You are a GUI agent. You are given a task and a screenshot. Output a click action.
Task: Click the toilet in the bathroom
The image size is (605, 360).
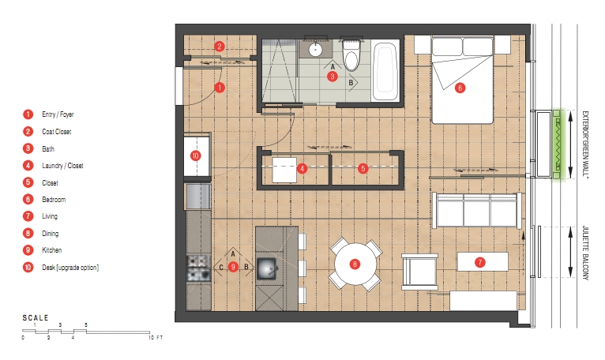coord(351,55)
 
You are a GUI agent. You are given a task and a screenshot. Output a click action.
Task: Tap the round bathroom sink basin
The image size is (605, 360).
coord(316,50)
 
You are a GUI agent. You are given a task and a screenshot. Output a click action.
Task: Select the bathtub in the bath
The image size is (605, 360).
coord(386,71)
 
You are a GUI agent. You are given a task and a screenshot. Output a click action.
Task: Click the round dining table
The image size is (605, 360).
coord(355,264)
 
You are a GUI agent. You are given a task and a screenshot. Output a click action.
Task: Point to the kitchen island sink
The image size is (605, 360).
coord(267,268)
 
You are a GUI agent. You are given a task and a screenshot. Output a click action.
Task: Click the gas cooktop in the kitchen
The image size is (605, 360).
coord(199,268)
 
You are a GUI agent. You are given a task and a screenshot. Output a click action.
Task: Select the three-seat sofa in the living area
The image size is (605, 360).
coord(478,210)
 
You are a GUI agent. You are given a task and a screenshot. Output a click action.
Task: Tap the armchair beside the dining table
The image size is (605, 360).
coord(420,272)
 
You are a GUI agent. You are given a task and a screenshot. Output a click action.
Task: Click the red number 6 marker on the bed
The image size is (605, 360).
coord(460,88)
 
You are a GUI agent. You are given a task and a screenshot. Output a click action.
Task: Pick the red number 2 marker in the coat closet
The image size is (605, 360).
coord(219,47)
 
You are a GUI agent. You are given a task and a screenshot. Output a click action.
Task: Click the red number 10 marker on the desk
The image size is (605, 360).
coord(196,156)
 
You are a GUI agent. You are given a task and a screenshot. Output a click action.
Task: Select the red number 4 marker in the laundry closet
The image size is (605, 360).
coord(302,168)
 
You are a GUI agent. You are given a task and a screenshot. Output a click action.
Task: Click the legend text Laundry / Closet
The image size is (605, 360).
coord(62,166)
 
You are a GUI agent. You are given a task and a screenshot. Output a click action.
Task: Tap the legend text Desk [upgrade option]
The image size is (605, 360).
coord(70,268)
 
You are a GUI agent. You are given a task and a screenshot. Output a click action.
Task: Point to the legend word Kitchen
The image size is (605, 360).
coord(51,250)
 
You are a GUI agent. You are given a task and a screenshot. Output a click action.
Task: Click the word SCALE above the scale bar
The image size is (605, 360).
coord(36,318)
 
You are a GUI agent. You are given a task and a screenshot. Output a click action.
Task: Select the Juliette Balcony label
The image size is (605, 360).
coord(585,253)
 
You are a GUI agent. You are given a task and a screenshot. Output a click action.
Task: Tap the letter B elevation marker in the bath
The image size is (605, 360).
coord(351,82)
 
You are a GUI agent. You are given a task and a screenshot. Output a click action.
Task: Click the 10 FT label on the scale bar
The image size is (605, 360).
coord(156,338)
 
